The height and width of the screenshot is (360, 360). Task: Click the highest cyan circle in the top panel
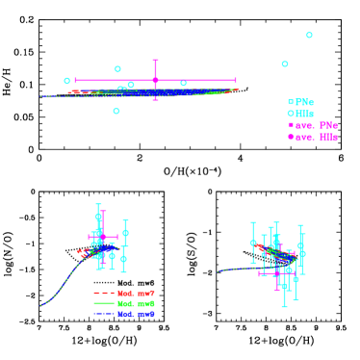[309, 35]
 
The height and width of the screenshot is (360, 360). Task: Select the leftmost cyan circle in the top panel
[67, 81]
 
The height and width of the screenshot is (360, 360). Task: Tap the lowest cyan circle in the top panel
[116, 111]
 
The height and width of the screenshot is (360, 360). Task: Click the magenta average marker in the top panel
[155, 80]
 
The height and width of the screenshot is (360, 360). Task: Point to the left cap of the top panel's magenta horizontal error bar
[76, 80]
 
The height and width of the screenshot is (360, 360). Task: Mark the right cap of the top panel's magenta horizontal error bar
[235, 80]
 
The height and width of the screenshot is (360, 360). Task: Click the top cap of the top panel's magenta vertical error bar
[155, 61]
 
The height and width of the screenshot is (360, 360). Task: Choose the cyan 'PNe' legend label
[304, 102]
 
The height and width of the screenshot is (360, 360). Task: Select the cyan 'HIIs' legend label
[305, 114]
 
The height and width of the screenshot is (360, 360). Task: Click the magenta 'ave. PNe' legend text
[316, 125]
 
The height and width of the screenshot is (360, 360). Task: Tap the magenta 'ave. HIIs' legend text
[317, 137]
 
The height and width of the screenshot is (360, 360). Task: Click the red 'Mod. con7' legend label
[136, 293]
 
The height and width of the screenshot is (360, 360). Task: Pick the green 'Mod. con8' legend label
[136, 303]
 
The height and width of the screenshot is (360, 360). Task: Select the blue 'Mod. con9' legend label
[136, 314]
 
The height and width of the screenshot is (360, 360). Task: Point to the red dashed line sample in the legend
[104, 293]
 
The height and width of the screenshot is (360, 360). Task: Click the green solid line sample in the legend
[104, 303]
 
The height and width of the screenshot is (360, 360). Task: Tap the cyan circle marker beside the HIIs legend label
[291, 114]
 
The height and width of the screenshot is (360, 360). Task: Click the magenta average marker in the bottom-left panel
[103, 236]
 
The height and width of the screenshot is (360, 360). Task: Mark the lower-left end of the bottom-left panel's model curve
[40, 305]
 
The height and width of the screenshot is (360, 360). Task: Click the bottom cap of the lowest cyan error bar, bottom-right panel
[284, 306]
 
